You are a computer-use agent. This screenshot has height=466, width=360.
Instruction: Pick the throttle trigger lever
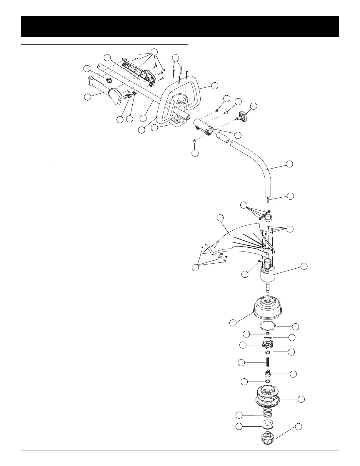click(127, 96)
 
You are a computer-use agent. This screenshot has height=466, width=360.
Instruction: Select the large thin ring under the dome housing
click(268, 326)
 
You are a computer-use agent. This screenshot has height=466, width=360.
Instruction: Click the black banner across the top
click(180, 26)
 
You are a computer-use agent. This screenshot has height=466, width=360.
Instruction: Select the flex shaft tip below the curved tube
click(268, 199)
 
